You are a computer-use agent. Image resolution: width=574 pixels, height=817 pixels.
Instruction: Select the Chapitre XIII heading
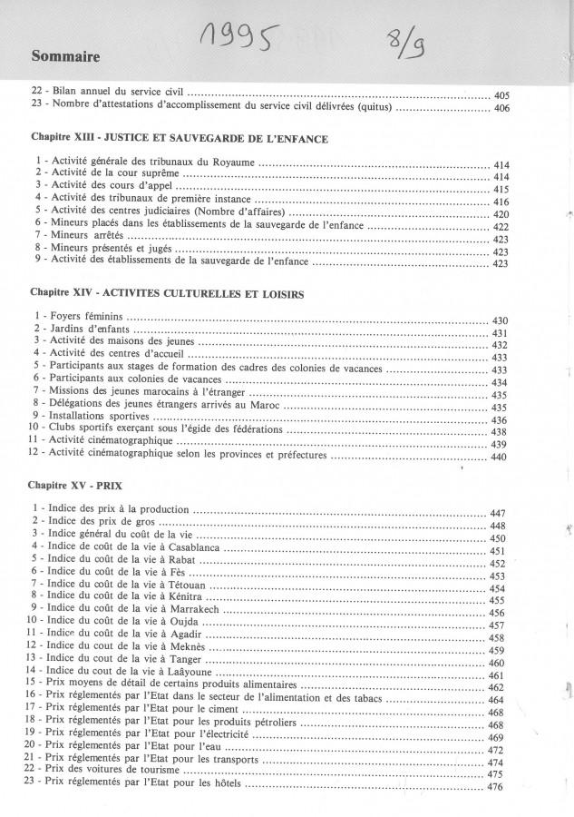click(178, 140)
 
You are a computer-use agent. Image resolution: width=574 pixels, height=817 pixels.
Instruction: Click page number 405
click(502, 95)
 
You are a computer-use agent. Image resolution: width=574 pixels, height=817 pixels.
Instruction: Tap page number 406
click(502, 109)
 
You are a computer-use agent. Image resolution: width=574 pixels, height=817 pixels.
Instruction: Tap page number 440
click(499, 458)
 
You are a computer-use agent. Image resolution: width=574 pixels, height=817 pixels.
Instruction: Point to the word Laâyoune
click(180, 674)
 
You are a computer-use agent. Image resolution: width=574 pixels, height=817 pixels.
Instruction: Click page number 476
click(495, 787)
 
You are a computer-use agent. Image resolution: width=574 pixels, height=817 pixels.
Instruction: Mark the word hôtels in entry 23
click(223, 787)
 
